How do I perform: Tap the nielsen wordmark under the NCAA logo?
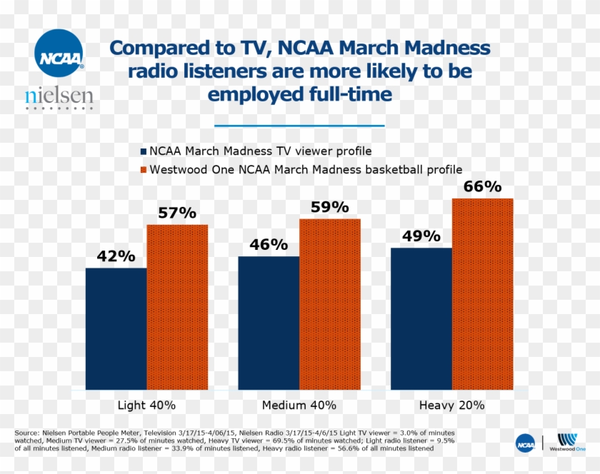coord(59,96)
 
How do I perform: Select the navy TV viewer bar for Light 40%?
coord(116,328)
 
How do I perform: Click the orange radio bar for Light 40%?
coord(177,307)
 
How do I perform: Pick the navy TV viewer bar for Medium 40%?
coord(269,323)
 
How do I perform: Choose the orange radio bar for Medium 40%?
coord(329,304)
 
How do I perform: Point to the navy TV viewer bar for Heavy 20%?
coord(421,318)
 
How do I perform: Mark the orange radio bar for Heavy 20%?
coord(482,293)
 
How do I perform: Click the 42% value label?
coord(116,256)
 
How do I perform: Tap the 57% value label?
coord(177,213)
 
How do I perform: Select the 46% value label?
coord(269,245)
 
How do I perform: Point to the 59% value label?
coord(329,207)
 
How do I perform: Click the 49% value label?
coord(421,236)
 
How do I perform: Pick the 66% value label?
coord(482,187)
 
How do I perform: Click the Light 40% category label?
coord(146,405)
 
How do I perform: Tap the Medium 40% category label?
coord(299,405)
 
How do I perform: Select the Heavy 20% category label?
coord(451,405)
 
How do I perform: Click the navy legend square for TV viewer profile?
coord(143,151)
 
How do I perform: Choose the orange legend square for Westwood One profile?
coord(143,170)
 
